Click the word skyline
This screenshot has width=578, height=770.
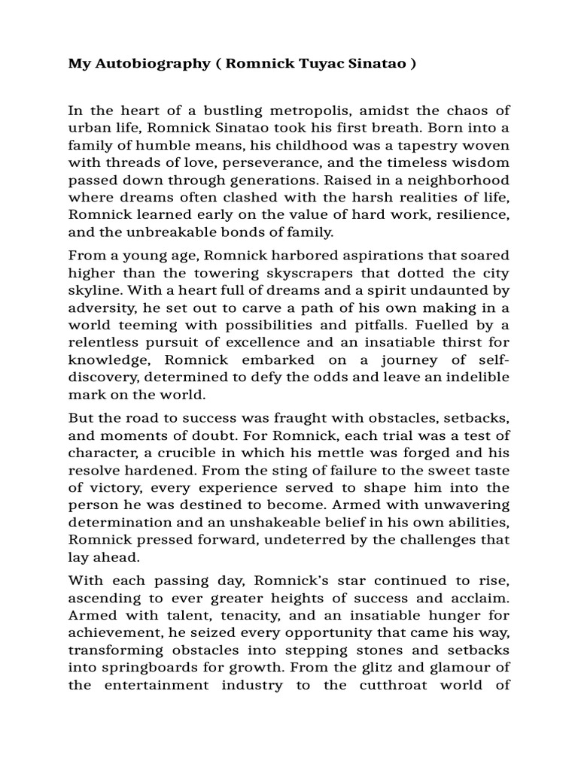92,290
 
